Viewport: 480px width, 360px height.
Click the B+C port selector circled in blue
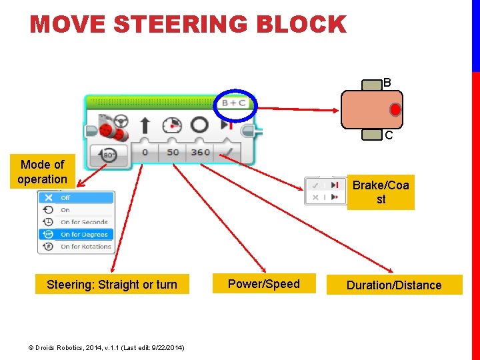coord(233,103)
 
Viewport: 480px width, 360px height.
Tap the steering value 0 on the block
coord(145,153)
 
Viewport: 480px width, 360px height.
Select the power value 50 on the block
coord(173,153)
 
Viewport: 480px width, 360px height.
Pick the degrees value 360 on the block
coord(200,153)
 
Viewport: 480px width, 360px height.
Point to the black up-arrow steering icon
coord(145,125)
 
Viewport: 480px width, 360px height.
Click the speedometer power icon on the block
coord(172,125)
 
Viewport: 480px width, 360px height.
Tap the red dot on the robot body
coord(395,109)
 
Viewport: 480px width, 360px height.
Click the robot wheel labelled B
coord(371,85)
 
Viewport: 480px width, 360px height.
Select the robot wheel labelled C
coord(371,134)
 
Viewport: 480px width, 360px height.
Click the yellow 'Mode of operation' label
coord(42,171)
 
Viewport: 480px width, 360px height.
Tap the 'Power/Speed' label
coord(263,284)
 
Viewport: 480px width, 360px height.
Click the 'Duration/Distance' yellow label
coord(393,285)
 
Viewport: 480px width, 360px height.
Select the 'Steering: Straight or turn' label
coord(112,285)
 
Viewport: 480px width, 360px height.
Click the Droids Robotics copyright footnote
coord(106,347)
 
